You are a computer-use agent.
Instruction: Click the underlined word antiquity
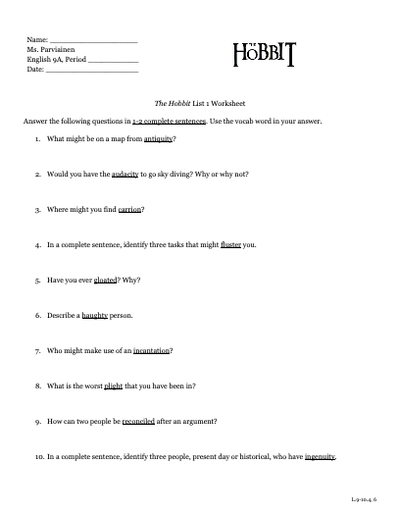pyautogui.click(x=157, y=141)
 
